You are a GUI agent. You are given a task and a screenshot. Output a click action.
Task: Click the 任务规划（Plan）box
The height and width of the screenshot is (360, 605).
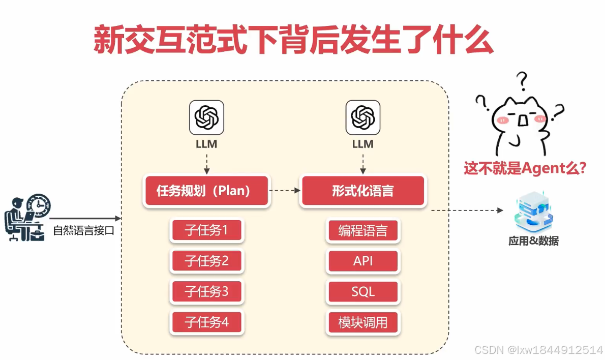[x=206, y=191]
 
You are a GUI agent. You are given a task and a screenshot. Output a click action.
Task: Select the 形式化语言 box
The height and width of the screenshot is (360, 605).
[x=362, y=191]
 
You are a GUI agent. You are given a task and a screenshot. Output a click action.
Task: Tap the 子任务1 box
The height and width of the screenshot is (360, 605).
[x=206, y=231]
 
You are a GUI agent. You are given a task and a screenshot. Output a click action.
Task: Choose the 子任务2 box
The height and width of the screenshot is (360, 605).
[x=206, y=261]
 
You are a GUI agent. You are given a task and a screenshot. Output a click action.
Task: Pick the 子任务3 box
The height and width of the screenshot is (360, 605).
[x=206, y=291]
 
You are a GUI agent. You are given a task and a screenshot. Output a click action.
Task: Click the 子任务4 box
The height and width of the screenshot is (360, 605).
[x=206, y=322]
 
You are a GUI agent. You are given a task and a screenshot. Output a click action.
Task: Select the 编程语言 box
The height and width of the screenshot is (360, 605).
[x=362, y=231]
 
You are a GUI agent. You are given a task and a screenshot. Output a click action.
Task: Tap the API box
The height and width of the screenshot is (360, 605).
[x=362, y=261]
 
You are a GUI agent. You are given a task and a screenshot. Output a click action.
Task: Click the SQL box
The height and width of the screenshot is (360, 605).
[x=362, y=291]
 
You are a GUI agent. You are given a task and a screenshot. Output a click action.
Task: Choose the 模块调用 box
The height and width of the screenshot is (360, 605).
[x=362, y=322]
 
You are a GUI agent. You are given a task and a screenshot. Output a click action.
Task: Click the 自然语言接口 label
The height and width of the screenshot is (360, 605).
[x=84, y=230]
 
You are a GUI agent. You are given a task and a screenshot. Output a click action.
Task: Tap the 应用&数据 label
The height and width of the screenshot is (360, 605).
[x=533, y=241]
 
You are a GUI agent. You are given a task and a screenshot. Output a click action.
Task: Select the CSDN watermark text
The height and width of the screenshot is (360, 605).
[x=538, y=350]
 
